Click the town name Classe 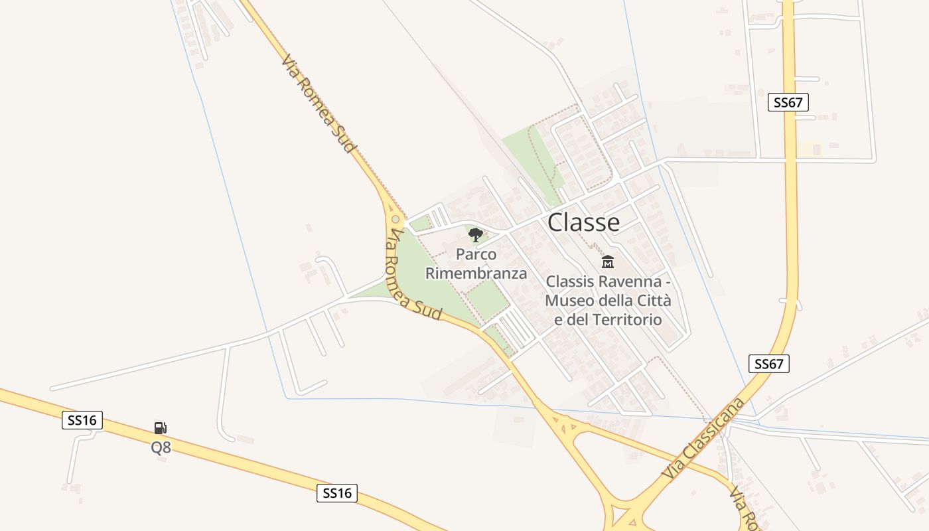coord(583,222)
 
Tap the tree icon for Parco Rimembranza coord(476,234)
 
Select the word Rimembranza coord(476,273)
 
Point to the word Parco coord(476,254)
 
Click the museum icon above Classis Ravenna coord(608,262)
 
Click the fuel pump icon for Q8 coord(160,428)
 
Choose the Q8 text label coord(161,447)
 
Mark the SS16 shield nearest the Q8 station coord(82,420)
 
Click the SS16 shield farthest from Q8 coord(337,493)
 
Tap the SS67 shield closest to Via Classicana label coord(769,364)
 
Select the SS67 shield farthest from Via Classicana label coord(788,102)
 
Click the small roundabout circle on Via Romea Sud coord(395,218)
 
